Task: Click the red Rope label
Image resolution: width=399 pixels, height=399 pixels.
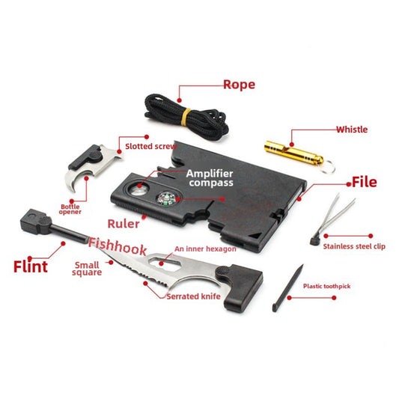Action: [x=239, y=84]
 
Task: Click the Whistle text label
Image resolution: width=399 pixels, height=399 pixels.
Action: [x=351, y=130]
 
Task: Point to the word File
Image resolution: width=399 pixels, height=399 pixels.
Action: [x=365, y=182]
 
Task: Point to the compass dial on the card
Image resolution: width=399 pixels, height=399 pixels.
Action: [x=167, y=198]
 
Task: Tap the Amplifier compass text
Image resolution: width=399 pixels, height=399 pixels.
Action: [x=210, y=177]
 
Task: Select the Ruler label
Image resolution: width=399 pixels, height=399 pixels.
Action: [x=122, y=223]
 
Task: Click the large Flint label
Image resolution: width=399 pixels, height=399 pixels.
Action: [x=31, y=266]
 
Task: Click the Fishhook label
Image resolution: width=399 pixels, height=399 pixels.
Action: [x=118, y=245]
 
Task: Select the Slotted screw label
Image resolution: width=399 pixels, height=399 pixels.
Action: [x=150, y=146]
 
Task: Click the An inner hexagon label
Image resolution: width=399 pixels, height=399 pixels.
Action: [x=205, y=249]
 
